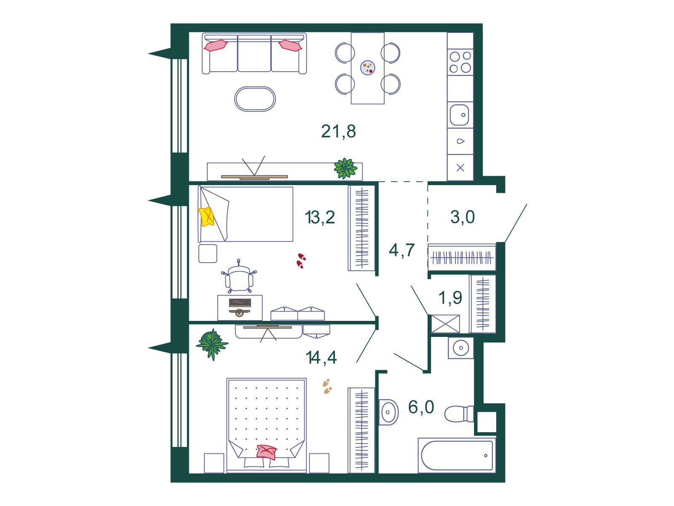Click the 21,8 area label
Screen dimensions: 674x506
pyautogui.click(x=338, y=132)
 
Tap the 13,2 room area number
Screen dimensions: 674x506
pyautogui.click(x=320, y=217)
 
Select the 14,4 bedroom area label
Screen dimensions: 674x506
pyautogui.click(x=321, y=357)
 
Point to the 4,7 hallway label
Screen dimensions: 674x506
pyautogui.click(x=401, y=250)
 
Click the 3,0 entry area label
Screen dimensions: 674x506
pyautogui.click(x=463, y=217)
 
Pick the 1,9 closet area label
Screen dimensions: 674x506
pyautogui.click(x=450, y=298)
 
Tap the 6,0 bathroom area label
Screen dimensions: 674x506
pyautogui.click(x=421, y=407)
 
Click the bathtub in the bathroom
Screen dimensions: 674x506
pyautogui.click(x=457, y=455)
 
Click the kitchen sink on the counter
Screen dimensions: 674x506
pyautogui.click(x=460, y=115)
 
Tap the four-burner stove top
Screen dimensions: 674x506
pyautogui.click(x=460, y=62)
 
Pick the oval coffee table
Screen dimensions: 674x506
pyautogui.click(x=255, y=99)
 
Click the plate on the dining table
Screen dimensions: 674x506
pyautogui.click(x=368, y=67)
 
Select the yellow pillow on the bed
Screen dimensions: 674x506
pyautogui.click(x=206, y=217)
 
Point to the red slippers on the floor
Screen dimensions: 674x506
pyautogui.click(x=301, y=261)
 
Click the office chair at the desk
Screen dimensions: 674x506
pyautogui.click(x=239, y=276)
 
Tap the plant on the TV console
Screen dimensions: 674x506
pyautogui.click(x=345, y=168)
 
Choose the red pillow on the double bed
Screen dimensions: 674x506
pyautogui.click(x=266, y=452)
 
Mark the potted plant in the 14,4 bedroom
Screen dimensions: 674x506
pyautogui.click(x=212, y=345)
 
